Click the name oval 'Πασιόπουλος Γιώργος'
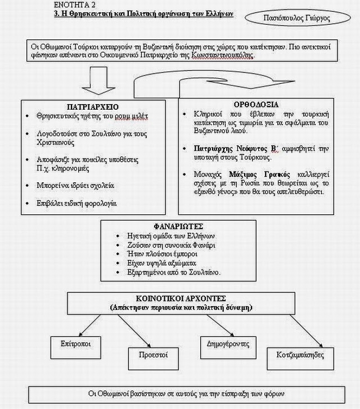(x=297, y=17)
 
